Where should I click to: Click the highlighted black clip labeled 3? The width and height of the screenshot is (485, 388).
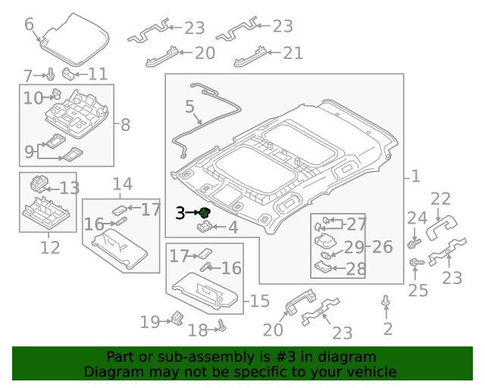pyautogui.click(x=204, y=213)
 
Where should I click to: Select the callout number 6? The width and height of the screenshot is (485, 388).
pyautogui.click(x=30, y=24)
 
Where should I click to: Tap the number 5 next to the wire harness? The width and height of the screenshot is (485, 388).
pyautogui.click(x=189, y=108)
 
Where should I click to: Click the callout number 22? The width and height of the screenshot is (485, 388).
pyautogui.click(x=440, y=199)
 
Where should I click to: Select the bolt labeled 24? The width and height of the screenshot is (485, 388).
pyautogui.click(x=415, y=243)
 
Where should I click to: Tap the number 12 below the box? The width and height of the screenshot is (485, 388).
pyautogui.click(x=49, y=247)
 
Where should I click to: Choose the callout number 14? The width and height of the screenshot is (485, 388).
pyautogui.click(x=122, y=184)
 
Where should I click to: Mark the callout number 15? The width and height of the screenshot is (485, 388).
pyautogui.click(x=259, y=301)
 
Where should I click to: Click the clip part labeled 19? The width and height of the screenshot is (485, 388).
pyautogui.click(x=177, y=318)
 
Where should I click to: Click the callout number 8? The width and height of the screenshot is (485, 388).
pyautogui.click(x=125, y=125)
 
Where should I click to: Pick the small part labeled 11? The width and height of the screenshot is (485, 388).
pyautogui.click(x=68, y=74)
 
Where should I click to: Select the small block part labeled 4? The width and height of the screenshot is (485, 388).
pyautogui.click(x=205, y=226)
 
